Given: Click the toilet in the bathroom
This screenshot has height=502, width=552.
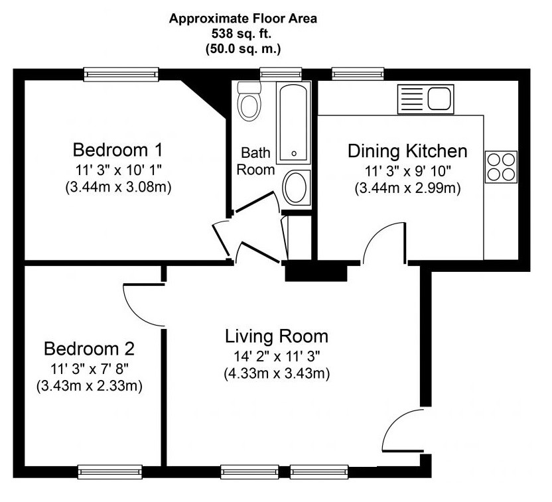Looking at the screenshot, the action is point(249,101).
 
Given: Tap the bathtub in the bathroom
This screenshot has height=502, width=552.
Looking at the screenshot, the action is point(294,123).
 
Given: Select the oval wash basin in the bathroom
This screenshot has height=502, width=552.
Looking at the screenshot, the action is point(296,188).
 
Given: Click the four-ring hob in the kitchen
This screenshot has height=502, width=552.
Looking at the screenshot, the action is point(502,166).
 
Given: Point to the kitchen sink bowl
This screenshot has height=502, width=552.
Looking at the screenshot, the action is point(439,99).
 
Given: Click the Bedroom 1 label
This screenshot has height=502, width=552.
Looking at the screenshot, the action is point(118,150).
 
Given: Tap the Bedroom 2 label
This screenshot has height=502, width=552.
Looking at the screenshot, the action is point(89,349).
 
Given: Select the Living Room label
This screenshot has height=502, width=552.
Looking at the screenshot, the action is point(277,336).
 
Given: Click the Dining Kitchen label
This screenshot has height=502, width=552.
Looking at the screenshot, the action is point(407,151).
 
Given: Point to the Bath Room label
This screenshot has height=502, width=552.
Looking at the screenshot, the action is point(255,161).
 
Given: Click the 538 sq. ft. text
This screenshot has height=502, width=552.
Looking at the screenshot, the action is point(241,34).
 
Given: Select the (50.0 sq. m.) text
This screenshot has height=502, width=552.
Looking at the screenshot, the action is point(243,48).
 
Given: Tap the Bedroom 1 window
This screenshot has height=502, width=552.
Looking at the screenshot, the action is point(121,74).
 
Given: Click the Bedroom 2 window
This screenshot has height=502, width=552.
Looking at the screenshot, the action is point(110,471).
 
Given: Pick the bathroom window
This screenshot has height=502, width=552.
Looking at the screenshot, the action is point(281,74).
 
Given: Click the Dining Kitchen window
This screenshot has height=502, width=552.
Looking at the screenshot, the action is point(358,74).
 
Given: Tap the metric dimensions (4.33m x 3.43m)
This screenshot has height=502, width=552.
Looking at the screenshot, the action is point(277,373).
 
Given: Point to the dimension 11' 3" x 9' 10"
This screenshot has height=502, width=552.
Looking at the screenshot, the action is point(407,171).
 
